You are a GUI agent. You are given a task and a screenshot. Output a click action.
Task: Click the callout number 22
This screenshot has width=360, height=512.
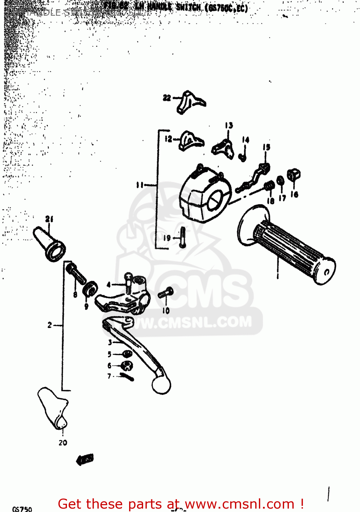[x=166, y=98]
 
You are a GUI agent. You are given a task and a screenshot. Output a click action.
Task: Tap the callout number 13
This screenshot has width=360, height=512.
[x=229, y=125]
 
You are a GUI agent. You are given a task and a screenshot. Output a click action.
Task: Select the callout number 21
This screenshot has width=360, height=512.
[x=50, y=219]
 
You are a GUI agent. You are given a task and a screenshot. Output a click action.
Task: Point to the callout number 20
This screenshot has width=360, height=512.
[x=63, y=442]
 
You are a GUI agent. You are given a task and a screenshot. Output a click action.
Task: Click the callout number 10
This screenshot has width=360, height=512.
[x=166, y=310]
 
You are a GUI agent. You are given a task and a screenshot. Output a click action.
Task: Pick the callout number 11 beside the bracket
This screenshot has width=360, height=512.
[x=140, y=185]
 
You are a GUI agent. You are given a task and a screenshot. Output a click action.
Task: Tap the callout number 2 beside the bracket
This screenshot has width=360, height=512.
[x=50, y=325]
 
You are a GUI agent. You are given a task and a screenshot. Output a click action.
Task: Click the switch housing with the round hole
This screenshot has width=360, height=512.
[x=205, y=196]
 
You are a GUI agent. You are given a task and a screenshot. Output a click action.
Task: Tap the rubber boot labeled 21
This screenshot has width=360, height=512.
[x=50, y=244]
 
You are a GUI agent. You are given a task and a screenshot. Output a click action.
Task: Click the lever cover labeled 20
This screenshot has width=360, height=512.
[x=53, y=408]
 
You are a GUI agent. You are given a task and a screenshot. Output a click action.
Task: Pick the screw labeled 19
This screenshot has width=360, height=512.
[x=183, y=237]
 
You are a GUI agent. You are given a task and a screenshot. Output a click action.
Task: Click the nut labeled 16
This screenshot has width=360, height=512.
[x=293, y=175]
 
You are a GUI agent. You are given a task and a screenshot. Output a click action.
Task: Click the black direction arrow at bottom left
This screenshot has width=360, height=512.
[x=85, y=459]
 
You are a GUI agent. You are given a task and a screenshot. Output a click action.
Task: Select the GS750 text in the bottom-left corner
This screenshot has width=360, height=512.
[x=22, y=509]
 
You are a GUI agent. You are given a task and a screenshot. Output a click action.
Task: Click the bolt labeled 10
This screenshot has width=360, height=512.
[x=166, y=293]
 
